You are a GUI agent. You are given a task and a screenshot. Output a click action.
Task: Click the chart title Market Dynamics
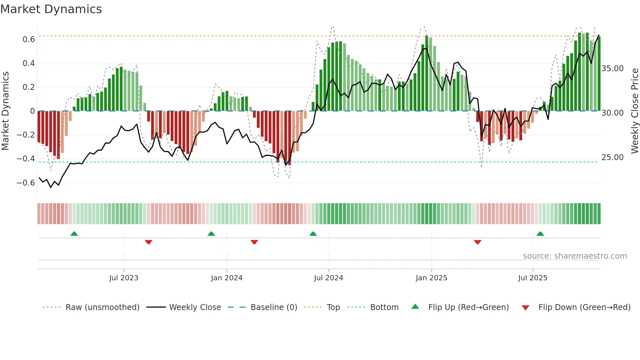(51, 9)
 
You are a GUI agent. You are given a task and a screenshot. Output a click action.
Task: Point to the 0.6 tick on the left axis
(28, 40)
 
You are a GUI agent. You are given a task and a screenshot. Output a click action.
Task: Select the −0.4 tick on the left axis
(26, 159)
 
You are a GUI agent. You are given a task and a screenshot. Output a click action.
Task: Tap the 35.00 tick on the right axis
(613, 69)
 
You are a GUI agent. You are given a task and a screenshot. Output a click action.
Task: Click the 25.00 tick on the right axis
(613, 157)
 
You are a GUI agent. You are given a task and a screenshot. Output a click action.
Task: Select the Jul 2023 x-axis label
(124, 278)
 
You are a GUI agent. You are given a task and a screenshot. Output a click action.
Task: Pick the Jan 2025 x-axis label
(431, 278)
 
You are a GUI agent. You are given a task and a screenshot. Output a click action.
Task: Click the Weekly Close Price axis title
(634, 111)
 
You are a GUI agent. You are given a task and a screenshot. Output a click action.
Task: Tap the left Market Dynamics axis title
(5, 111)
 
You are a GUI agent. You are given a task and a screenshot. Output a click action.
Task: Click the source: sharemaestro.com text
(575, 256)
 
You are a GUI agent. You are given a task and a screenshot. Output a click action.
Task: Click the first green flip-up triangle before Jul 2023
(74, 234)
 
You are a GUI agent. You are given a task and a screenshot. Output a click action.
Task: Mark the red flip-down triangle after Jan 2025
(477, 242)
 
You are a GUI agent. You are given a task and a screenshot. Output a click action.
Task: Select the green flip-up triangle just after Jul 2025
(540, 234)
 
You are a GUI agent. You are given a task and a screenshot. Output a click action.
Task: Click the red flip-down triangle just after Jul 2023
(149, 242)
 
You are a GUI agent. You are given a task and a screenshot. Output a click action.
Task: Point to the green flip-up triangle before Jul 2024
(313, 234)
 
